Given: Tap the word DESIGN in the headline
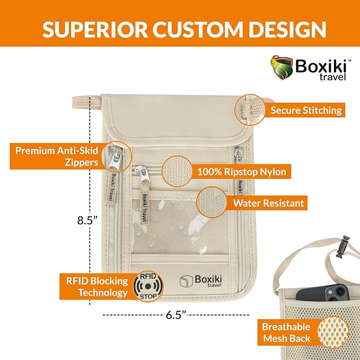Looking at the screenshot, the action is [x=287, y=29].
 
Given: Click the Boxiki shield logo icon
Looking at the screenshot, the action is [x=282, y=68].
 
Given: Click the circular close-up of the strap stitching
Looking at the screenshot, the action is [x=250, y=110].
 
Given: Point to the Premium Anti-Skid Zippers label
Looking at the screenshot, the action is [x=57, y=156].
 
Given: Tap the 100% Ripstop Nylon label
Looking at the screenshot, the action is [x=242, y=172].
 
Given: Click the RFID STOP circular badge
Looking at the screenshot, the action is [x=148, y=286].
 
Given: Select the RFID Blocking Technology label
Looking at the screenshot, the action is [x=96, y=287].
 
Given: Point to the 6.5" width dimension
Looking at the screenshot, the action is [x=176, y=315].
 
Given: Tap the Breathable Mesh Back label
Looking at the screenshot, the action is [x=286, y=332].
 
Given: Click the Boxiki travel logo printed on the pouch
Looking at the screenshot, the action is [x=200, y=281].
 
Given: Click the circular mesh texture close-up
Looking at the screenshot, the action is [x=333, y=332].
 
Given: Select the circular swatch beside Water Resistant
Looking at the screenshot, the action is [x=212, y=203].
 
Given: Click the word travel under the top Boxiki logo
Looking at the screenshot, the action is [x=332, y=77].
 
